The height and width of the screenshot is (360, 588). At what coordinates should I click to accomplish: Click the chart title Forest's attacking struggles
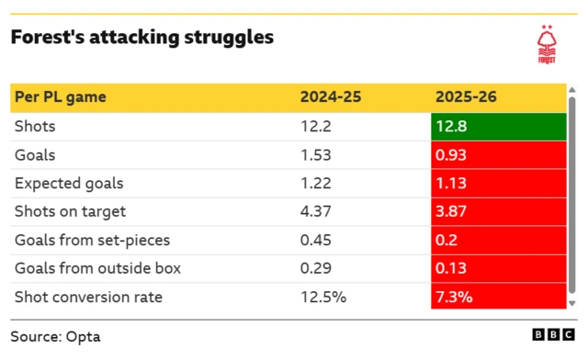pos(141,39)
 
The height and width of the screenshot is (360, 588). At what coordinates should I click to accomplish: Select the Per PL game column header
pos(60,97)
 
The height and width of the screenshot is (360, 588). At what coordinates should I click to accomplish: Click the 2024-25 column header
pos(330,97)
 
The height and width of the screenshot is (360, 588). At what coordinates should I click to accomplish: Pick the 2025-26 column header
pos(466,97)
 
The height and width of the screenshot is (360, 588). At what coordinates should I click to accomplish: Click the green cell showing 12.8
pos(497,127)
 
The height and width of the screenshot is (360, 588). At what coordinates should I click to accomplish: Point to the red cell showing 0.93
pos(497,155)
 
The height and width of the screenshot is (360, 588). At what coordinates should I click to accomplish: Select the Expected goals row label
pos(69,184)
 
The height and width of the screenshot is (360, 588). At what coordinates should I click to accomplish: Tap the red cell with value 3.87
pos(497,212)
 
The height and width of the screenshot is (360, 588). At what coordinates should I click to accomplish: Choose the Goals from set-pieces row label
pos(92,241)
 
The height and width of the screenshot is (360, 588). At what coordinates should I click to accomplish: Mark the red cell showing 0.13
pos(497,269)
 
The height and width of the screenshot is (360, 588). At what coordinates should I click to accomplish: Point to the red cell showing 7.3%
pos(497,298)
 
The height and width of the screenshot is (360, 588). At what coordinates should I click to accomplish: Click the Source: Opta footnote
pos(55,336)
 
